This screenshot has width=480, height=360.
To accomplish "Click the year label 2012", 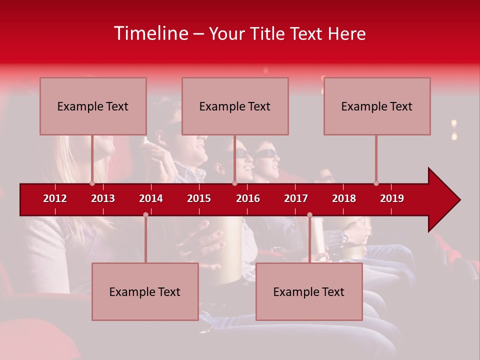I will coord(55,198).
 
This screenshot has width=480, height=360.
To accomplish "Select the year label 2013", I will coord(103,198).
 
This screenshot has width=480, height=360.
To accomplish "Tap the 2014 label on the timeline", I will coord(151,198).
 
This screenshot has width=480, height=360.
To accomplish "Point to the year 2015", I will coord(199,198).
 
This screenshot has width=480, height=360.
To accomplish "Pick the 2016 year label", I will coord(248,198).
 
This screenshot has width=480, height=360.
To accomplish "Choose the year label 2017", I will coord(296,198).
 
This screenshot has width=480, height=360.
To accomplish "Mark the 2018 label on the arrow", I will coord(344,198).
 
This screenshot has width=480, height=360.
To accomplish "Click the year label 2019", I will coord(392,198).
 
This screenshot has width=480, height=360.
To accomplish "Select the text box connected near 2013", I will coord(93,106).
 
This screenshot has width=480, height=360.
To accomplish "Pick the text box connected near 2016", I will coord(235,106).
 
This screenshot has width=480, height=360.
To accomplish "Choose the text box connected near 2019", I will coord(377,106).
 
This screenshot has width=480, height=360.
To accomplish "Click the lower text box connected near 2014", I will coord(145,291).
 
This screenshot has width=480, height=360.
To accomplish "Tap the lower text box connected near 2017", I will coord(309,291).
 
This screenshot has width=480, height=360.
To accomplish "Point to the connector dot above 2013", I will coord(92,183).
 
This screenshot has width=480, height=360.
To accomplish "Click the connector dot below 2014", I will coord(145,215).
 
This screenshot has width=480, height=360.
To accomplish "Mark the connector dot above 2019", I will coord(376,183).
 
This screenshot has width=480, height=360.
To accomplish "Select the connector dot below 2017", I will coord(309,215).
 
